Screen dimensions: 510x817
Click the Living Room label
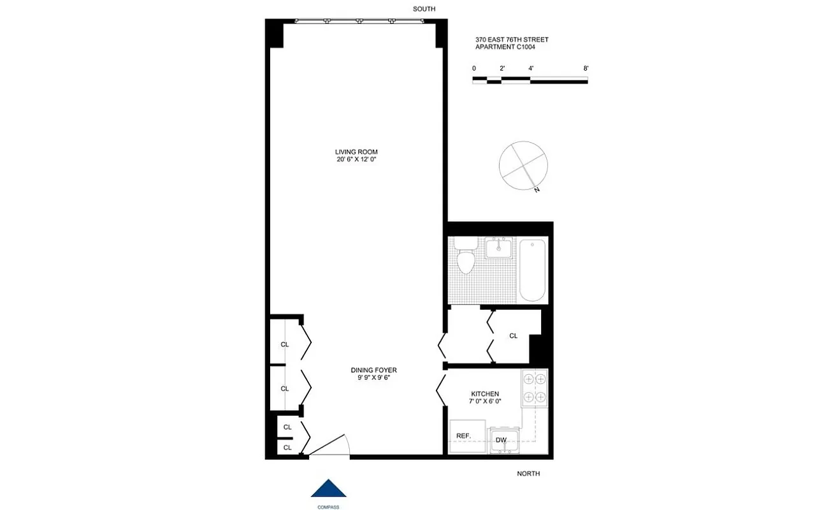coord(356,152)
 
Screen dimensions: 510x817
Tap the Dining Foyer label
coord(373,370)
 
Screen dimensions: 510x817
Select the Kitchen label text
coord(484,394)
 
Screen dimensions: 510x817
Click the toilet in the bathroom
coord(466,258)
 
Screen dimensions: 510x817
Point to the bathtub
coord(532,269)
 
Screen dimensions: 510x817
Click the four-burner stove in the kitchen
coord(534,388)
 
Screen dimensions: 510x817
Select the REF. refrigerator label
coord(463,436)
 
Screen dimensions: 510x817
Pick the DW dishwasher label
coord(501,440)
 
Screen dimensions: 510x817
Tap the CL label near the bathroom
coord(513,336)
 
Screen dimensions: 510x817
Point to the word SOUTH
coord(424,9)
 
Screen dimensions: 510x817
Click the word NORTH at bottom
coord(528,474)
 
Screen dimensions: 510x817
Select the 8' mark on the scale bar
coord(586,68)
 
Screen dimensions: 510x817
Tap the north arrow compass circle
coord(523,164)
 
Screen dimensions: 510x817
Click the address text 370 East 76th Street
coord(512,40)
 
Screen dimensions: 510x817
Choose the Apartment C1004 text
coord(505,47)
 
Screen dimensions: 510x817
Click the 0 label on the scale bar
coord(474,68)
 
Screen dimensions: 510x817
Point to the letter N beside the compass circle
coord(537,190)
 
